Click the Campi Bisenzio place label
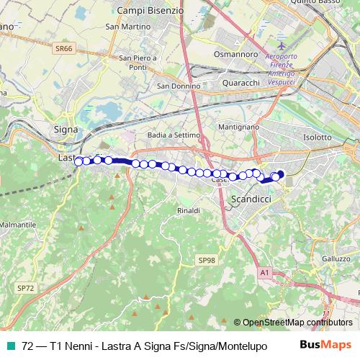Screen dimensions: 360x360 [x=150, y=12]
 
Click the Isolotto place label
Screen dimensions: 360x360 [x=317, y=137]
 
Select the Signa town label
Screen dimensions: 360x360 [x=66, y=130]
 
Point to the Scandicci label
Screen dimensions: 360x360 [x=248, y=199]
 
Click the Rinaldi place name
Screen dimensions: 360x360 [x=188, y=210]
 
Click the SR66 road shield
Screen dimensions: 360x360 [x=63, y=49]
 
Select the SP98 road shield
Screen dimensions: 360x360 [x=207, y=259]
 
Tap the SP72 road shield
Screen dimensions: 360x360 [x=25, y=288]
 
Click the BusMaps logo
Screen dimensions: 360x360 [x=321, y=344]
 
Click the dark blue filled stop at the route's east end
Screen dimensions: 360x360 [x=279, y=174]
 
